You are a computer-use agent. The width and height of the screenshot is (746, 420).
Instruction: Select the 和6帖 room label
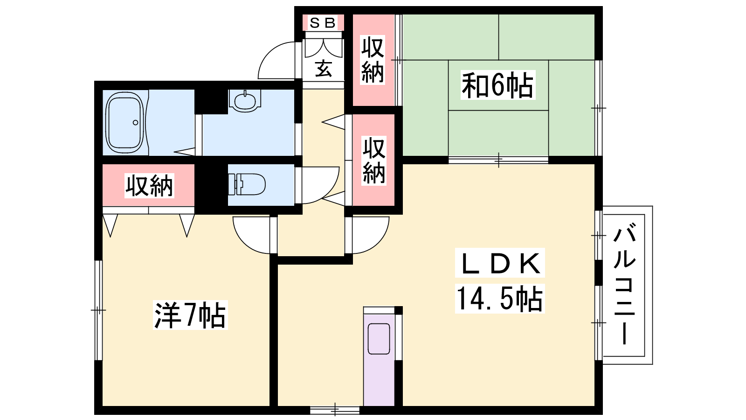pos(497,85)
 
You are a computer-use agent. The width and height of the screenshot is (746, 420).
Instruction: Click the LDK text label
pos(500,263)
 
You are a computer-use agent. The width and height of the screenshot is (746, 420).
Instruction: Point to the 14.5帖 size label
pos(499,299)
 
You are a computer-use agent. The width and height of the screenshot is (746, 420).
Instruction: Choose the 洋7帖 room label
pos(190,315)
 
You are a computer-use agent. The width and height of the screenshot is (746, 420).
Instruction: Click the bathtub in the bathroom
pos(124,122)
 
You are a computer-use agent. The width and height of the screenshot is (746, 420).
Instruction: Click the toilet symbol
pos(247,184)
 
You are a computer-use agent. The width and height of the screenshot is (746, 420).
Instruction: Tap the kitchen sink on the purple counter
pos(379,339)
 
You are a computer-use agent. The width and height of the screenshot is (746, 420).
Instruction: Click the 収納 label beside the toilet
pos(149,185)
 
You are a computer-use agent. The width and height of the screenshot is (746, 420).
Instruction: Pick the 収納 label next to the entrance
pos(373,60)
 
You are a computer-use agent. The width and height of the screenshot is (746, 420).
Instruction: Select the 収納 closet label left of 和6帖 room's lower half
pos(373,161)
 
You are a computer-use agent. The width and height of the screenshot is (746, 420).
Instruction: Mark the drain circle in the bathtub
pos(135,123)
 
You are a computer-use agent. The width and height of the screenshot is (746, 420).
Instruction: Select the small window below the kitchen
pos(335,410)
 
